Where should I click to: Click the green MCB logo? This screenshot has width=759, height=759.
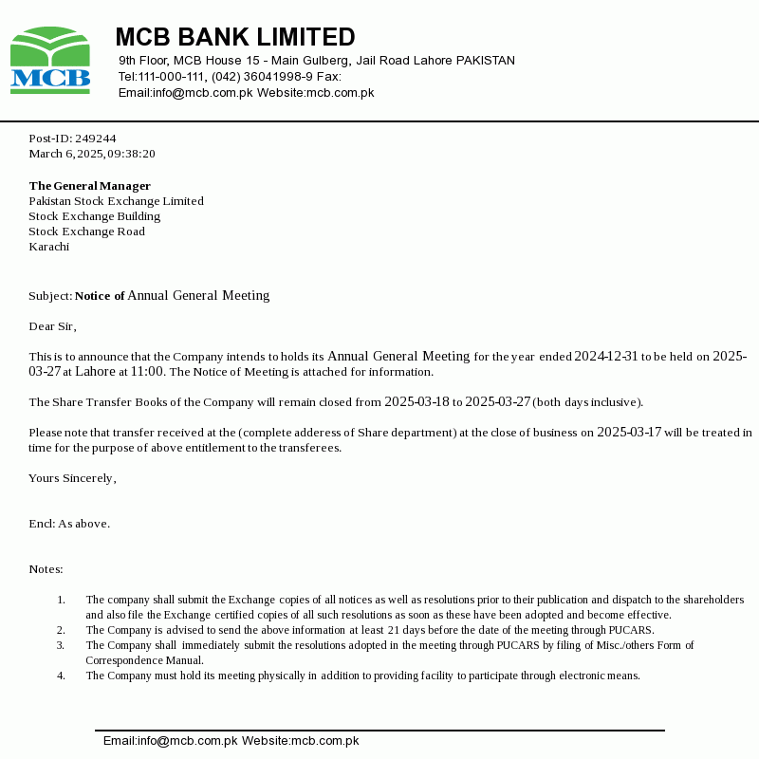click(x=50, y=61)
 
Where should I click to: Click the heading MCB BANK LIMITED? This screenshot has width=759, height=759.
click(x=235, y=37)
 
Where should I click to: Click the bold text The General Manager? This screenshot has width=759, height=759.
click(x=90, y=186)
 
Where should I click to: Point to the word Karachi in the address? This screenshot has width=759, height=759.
click(x=49, y=247)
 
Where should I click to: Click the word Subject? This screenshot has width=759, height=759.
click(x=50, y=296)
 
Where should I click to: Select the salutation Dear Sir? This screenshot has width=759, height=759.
click(x=52, y=326)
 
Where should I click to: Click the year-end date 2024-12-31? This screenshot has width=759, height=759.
click(x=606, y=357)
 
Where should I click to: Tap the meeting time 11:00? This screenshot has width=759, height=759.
click(x=147, y=372)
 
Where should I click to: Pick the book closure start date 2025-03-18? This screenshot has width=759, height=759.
click(x=417, y=402)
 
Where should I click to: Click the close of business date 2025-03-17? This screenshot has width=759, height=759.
click(x=628, y=433)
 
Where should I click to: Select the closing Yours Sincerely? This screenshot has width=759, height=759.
click(x=72, y=478)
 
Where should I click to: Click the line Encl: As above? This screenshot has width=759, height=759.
click(x=69, y=524)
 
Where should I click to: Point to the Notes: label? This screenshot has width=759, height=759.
click(x=46, y=569)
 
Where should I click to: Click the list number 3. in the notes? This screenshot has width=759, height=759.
click(x=61, y=645)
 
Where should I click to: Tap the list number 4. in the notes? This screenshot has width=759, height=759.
click(x=61, y=676)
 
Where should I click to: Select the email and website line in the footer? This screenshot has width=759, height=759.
click(x=231, y=741)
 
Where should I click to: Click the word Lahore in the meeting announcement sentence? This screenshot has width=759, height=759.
click(x=95, y=372)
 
